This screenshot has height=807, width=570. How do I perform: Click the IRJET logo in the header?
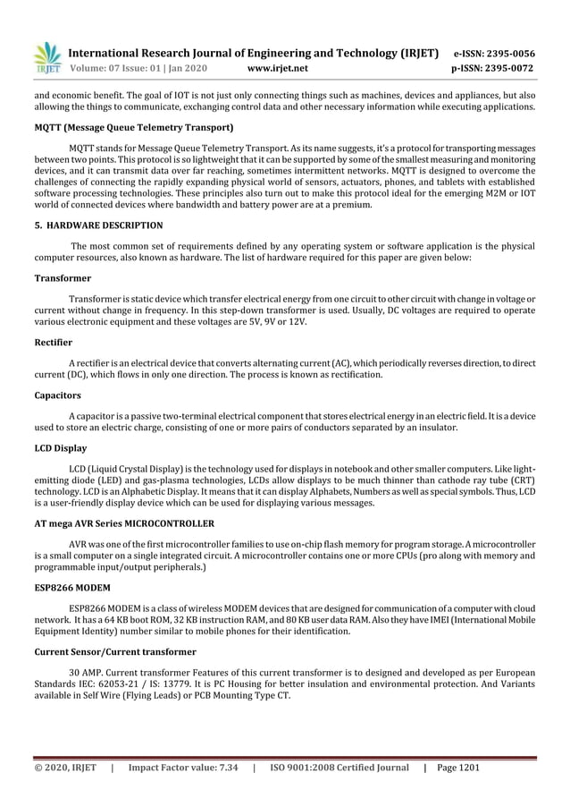coord(46,58)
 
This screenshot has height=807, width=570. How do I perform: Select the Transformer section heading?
coord(63,278)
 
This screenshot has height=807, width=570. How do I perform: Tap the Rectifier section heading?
coord(53,342)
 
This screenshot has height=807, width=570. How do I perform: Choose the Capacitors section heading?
coord(57,395)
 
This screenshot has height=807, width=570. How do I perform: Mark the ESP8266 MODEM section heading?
coord(72,588)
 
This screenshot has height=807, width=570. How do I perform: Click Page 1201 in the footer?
coord(464,768)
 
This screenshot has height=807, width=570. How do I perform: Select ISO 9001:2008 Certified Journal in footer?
coord(339,768)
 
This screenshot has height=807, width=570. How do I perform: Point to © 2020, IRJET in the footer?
coord(65,768)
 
